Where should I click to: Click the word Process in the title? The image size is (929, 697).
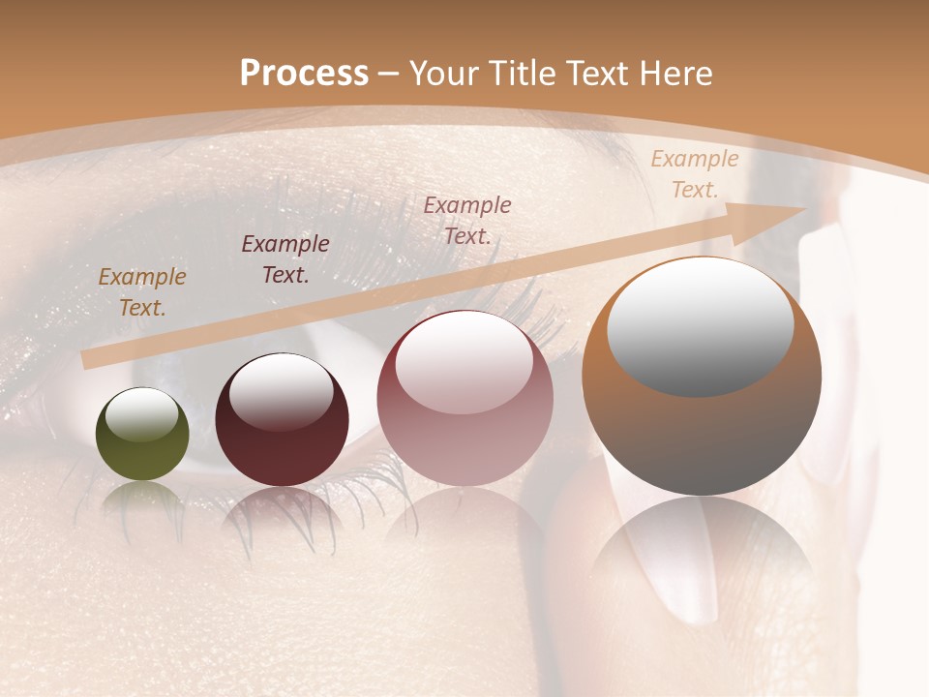(x=304, y=74)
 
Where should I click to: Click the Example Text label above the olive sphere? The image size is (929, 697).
(x=142, y=292)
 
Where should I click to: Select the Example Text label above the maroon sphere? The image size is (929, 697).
(x=285, y=259)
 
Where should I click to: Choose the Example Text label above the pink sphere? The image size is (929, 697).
(x=467, y=220)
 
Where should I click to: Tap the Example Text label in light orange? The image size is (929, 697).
(x=695, y=174)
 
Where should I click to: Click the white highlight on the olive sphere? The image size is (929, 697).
(x=142, y=414)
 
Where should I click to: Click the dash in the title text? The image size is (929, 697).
(x=389, y=75)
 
